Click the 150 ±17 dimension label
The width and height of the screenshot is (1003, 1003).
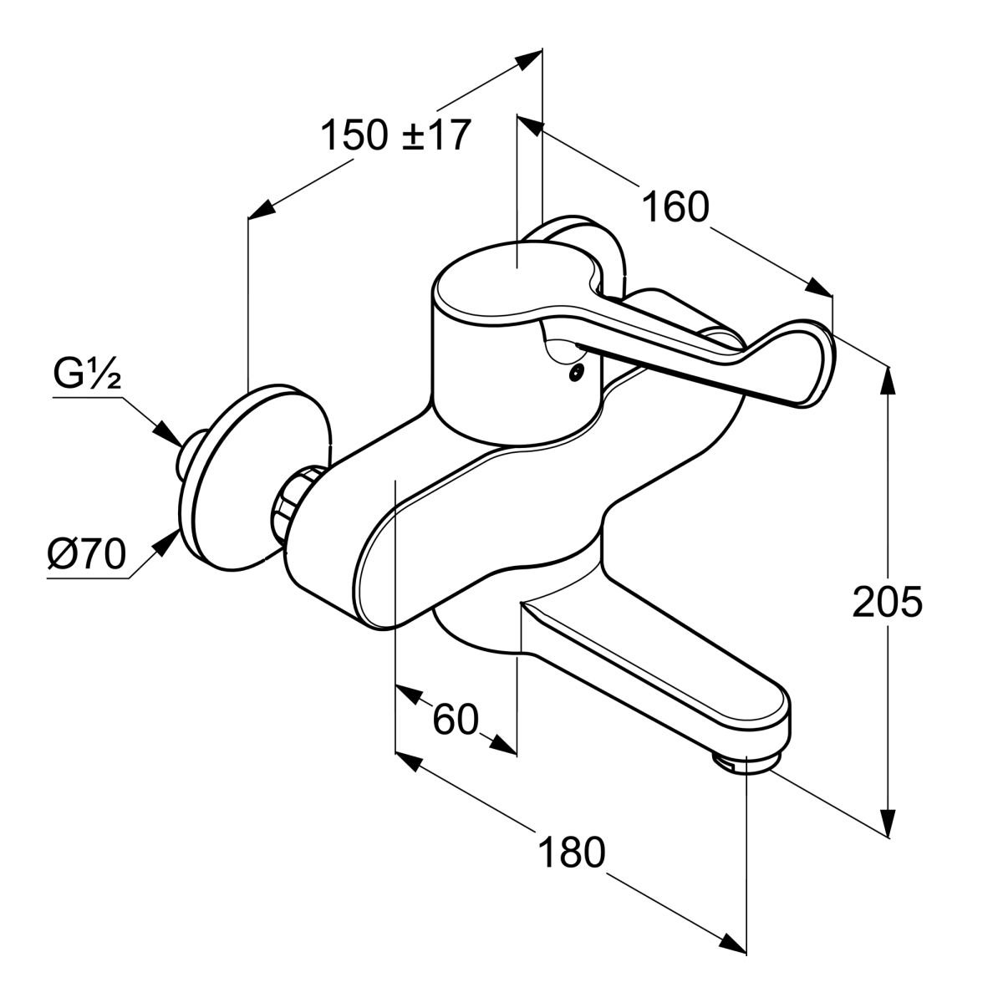tap(396, 135)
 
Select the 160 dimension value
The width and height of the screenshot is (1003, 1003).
tap(675, 206)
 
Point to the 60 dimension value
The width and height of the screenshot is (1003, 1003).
tap(456, 719)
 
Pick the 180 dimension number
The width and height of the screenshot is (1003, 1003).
tap(571, 853)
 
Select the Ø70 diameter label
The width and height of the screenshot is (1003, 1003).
tap(86, 552)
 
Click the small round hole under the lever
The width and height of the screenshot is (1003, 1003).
tap(574, 374)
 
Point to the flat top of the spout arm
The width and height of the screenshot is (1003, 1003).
tap(660, 660)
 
